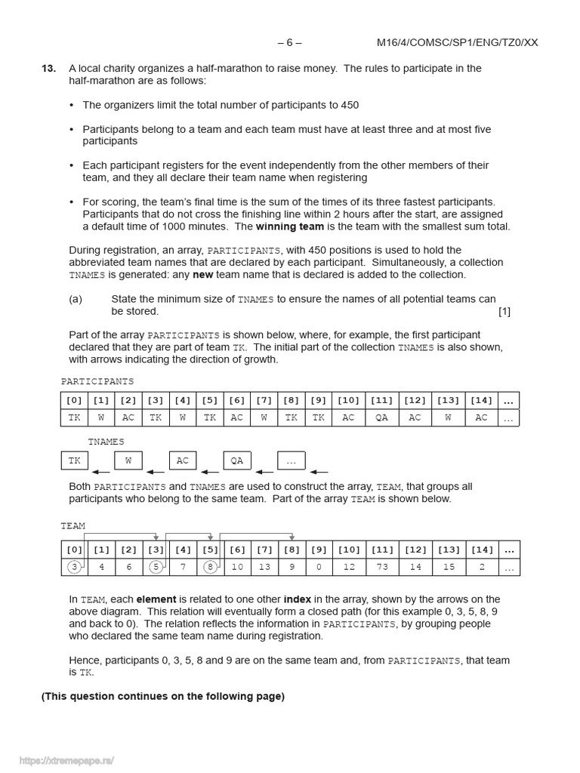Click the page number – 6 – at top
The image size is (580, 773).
point(289,43)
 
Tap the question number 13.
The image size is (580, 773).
point(48,69)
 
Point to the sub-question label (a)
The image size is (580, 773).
point(76,299)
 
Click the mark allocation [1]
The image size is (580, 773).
point(504,311)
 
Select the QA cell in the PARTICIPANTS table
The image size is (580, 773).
point(381,418)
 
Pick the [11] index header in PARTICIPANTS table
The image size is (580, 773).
point(381,400)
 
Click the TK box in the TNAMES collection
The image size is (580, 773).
point(74,460)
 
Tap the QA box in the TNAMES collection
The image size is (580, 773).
point(236,460)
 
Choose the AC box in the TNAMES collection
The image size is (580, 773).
point(183,460)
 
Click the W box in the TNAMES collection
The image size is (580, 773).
point(128,460)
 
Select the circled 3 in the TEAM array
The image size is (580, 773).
point(73,567)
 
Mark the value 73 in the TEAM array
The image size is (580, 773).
point(381,567)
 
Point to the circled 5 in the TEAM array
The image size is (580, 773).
point(155,567)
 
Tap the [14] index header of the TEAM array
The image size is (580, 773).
point(481,549)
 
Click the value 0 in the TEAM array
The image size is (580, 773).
point(319,567)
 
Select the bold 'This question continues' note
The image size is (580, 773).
point(163,696)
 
